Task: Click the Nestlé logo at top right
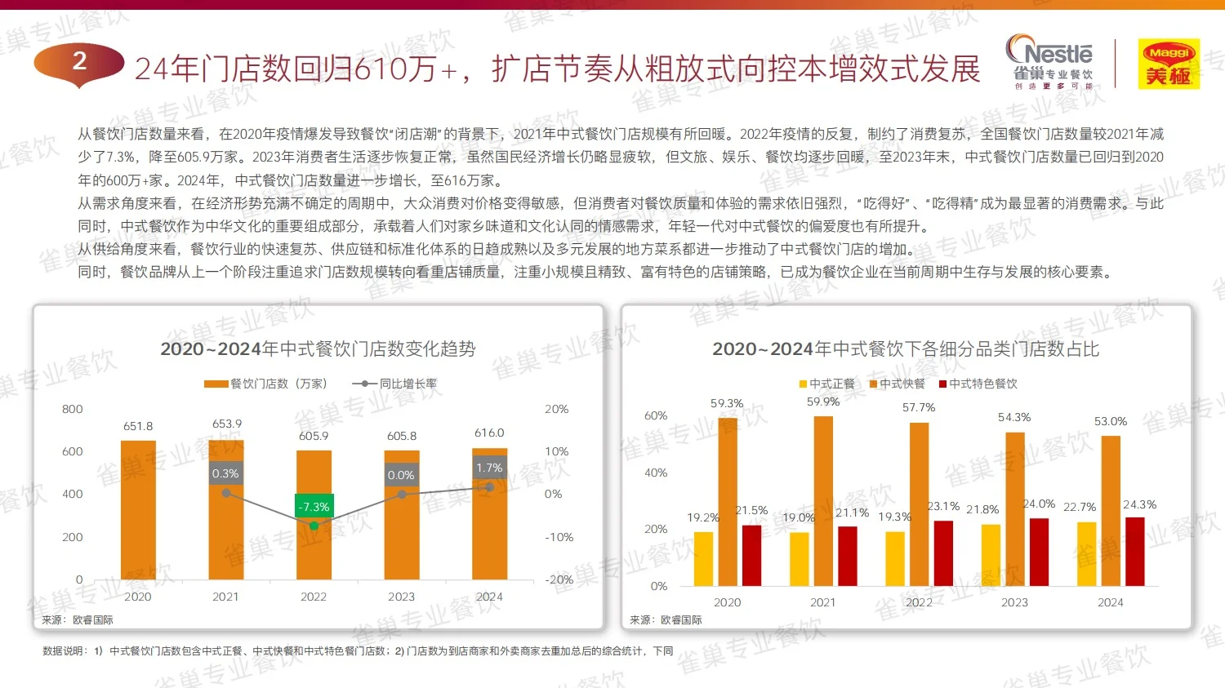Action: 1053,62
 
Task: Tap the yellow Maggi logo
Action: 1169,64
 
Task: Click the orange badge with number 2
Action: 79,62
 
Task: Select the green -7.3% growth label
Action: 314,507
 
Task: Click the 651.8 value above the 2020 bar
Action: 138,426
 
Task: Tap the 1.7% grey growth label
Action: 489,468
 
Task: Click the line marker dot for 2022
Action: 314,526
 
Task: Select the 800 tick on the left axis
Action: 73,409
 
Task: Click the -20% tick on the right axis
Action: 559,579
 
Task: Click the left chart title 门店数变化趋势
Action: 318,349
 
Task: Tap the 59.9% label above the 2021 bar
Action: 822,402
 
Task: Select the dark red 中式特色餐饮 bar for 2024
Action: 1134,552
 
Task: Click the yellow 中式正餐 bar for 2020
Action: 703,559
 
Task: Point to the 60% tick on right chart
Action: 656,415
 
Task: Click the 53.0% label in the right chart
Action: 1110,421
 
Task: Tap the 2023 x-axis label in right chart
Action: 1014,602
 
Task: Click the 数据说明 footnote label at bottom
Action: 65,650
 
